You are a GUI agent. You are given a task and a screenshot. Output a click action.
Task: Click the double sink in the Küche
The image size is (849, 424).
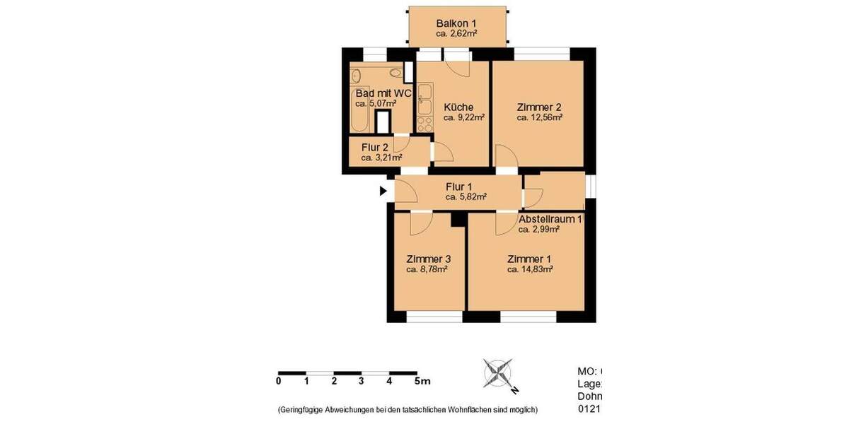pos(424,98)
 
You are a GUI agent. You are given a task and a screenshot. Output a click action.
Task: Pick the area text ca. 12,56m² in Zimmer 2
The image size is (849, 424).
pos(539,118)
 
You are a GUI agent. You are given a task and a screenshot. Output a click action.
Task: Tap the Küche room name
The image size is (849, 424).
pos(458,107)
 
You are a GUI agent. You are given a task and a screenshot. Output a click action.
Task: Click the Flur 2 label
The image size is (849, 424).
pos(375,147)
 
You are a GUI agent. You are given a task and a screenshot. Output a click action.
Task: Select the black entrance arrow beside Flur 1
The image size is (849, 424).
pos(383,191)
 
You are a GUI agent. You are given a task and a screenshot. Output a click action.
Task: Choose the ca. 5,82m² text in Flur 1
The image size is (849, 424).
pos(466,197)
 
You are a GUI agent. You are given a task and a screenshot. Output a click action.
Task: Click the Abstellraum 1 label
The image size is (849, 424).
pos(550,219)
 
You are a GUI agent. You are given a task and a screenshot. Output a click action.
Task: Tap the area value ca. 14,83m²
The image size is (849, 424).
pos(530,269)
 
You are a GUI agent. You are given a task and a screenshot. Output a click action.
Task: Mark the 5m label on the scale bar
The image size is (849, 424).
pos(422,381)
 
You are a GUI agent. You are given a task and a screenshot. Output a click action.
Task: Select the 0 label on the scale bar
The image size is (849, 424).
pos(279,381)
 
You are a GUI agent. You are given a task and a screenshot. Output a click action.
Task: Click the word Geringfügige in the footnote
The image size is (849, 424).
pos(306,410)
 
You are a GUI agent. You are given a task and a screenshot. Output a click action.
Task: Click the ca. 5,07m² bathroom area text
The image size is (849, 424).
pos(375,103)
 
